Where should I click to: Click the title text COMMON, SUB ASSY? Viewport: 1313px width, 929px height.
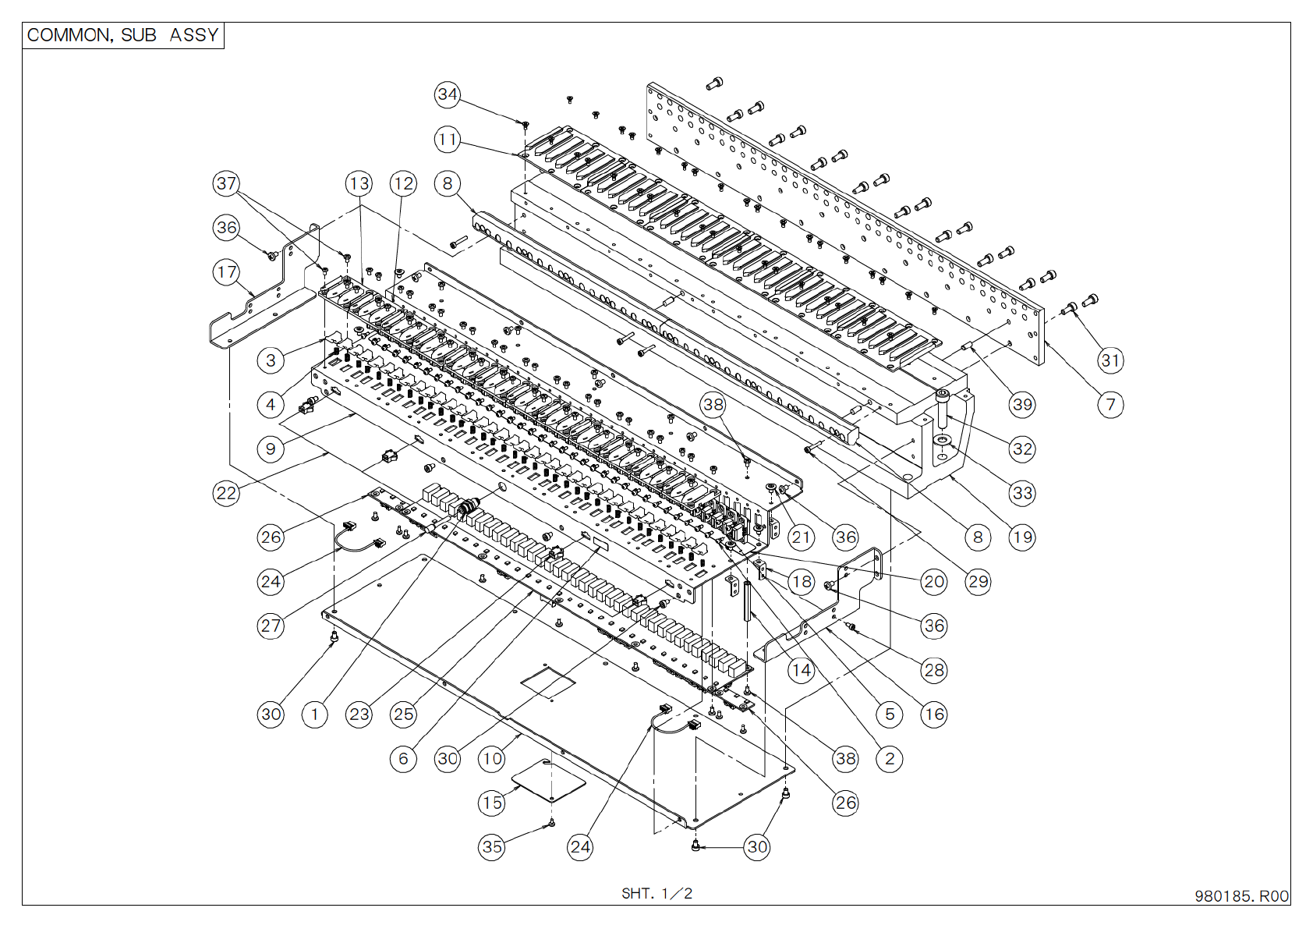tap(122, 35)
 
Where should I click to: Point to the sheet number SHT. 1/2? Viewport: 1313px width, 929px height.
tap(656, 893)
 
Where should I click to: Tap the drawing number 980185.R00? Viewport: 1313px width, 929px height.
tap(1241, 896)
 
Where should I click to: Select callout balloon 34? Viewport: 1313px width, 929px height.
tap(448, 94)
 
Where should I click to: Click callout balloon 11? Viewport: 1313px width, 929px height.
tap(448, 140)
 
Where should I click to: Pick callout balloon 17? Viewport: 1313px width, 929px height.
tap(226, 272)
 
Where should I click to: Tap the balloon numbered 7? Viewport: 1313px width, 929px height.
tap(1110, 405)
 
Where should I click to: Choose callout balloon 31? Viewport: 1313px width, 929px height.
tap(1110, 360)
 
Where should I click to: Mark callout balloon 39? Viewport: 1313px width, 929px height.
tap(1022, 405)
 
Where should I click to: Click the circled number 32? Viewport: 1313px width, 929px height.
tap(1022, 449)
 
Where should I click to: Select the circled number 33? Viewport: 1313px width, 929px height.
tap(1022, 493)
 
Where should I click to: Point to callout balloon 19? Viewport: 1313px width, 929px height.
tap(1022, 537)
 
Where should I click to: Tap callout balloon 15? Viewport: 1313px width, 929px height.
tap(492, 803)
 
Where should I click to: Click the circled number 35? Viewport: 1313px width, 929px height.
tap(492, 847)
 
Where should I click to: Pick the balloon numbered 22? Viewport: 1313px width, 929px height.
tap(226, 493)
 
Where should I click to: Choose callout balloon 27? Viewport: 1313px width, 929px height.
tap(271, 626)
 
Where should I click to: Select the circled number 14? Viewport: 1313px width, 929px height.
tap(802, 670)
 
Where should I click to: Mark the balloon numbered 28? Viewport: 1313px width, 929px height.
tap(934, 670)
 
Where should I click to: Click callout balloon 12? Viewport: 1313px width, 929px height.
tap(403, 184)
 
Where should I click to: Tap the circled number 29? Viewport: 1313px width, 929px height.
tap(978, 581)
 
